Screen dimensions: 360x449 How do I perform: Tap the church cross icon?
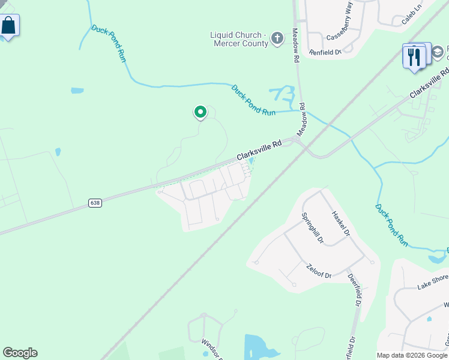pos(277,39)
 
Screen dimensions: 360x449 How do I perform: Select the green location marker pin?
pos(200,112)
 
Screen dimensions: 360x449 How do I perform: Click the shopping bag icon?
pos(8,26)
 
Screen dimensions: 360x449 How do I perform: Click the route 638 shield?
pos(95,203)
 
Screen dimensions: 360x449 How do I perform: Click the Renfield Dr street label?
pos(325,52)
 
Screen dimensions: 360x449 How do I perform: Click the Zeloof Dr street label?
pos(319,271)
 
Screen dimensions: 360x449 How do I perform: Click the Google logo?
pos(20,353)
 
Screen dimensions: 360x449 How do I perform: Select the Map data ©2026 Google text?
pos(412,355)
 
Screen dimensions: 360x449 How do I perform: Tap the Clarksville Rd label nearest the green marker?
pos(259,151)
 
